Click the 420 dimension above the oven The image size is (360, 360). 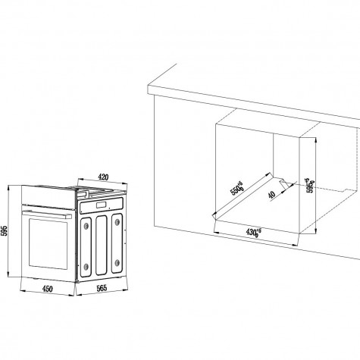(103, 177)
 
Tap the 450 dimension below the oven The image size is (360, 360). (48, 289)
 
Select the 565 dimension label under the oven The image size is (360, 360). (102, 288)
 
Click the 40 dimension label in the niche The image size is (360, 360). (271, 195)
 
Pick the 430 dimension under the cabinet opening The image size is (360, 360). (253, 232)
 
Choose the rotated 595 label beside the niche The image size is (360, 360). (310, 186)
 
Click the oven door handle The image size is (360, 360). (47, 214)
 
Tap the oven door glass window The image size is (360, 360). (48, 244)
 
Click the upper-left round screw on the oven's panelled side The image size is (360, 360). (86, 226)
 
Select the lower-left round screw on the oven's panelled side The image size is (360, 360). (86, 266)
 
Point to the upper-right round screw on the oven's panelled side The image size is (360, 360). (117, 222)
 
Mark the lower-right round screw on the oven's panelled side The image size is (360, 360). (117, 263)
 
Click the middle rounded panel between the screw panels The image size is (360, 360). (102, 245)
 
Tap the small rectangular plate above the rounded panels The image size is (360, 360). (102, 205)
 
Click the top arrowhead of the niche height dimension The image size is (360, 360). (315, 139)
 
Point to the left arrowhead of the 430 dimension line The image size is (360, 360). (216, 231)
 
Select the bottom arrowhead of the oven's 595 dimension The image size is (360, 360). (8, 274)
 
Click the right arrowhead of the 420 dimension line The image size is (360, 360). (125, 183)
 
